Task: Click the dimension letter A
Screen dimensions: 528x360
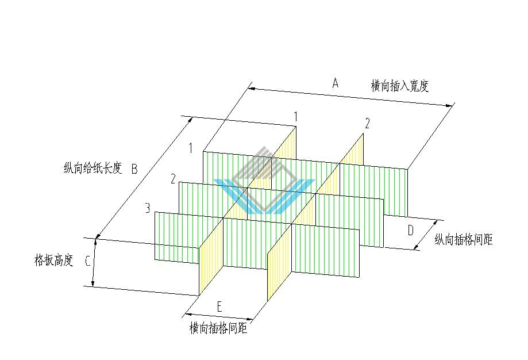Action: pos(335,83)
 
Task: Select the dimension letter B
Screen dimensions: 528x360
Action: pos(134,169)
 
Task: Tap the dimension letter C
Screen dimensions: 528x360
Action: pos(87,261)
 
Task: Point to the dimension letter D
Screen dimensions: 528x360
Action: pos(410,231)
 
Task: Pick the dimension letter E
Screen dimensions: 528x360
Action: pos(219,307)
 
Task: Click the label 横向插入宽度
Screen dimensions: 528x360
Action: pos(400,86)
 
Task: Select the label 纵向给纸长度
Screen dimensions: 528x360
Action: pos(93,167)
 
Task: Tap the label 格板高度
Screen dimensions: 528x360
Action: pos(54,260)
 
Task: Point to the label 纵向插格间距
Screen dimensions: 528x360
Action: pos(464,239)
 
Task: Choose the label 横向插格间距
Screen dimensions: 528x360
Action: pos(218,328)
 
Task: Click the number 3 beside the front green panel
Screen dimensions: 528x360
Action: pos(148,208)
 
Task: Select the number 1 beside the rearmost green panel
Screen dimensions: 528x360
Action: pos(191,148)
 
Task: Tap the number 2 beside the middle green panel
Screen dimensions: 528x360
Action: pos(173,179)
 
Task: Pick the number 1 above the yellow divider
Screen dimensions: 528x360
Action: pos(296,117)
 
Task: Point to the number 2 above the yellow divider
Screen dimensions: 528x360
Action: pos(367,124)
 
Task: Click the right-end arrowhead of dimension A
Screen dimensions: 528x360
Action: pos(450,106)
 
